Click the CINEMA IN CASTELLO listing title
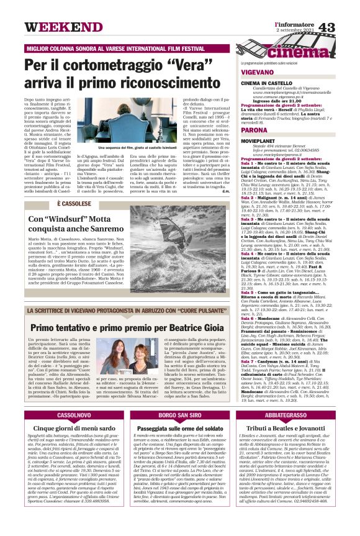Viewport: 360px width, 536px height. pyautogui.click(x=268, y=83)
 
